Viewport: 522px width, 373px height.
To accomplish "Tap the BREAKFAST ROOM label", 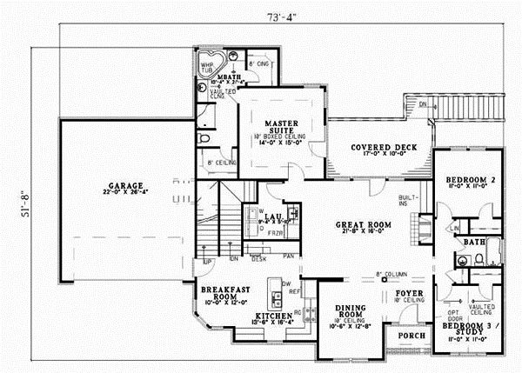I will [x=222, y=292].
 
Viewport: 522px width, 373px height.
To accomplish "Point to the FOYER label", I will [x=409, y=295].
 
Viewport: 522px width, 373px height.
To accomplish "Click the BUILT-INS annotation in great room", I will [x=410, y=200].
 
